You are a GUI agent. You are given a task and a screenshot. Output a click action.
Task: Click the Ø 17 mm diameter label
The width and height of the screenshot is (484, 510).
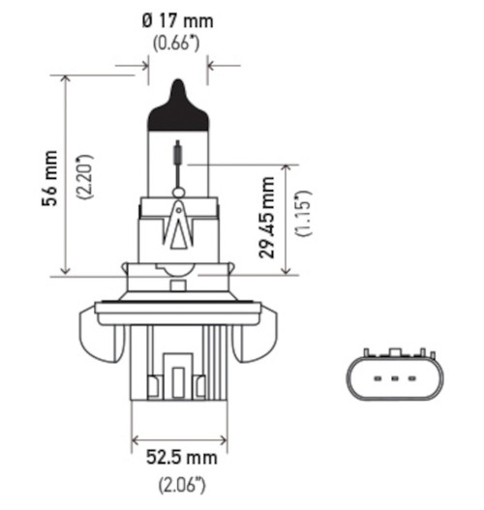(x=178, y=18)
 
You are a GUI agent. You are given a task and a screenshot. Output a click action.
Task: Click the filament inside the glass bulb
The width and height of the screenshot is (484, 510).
(x=176, y=156)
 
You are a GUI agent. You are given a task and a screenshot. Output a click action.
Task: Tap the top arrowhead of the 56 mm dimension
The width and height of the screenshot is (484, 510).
(x=66, y=79)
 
